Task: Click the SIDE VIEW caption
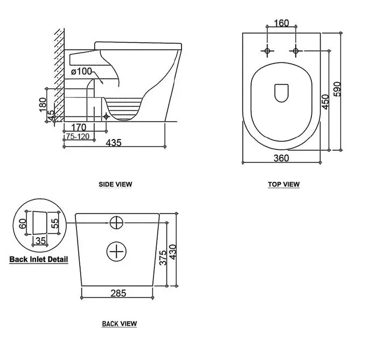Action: [x=115, y=184]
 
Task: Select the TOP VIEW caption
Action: [x=283, y=184]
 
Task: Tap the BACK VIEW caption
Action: [x=119, y=324]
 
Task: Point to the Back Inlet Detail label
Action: [x=39, y=259]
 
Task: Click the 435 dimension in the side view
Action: [x=113, y=143]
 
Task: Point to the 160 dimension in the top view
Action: [x=281, y=23]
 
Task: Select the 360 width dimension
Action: [x=281, y=158]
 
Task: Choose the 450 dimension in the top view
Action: [x=325, y=101]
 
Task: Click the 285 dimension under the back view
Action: [x=118, y=294]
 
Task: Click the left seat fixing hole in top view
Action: [x=268, y=51]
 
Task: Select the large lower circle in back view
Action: [x=117, y=251]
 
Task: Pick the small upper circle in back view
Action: [x=117, y=222]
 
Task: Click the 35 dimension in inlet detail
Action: [x=40, y=240]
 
